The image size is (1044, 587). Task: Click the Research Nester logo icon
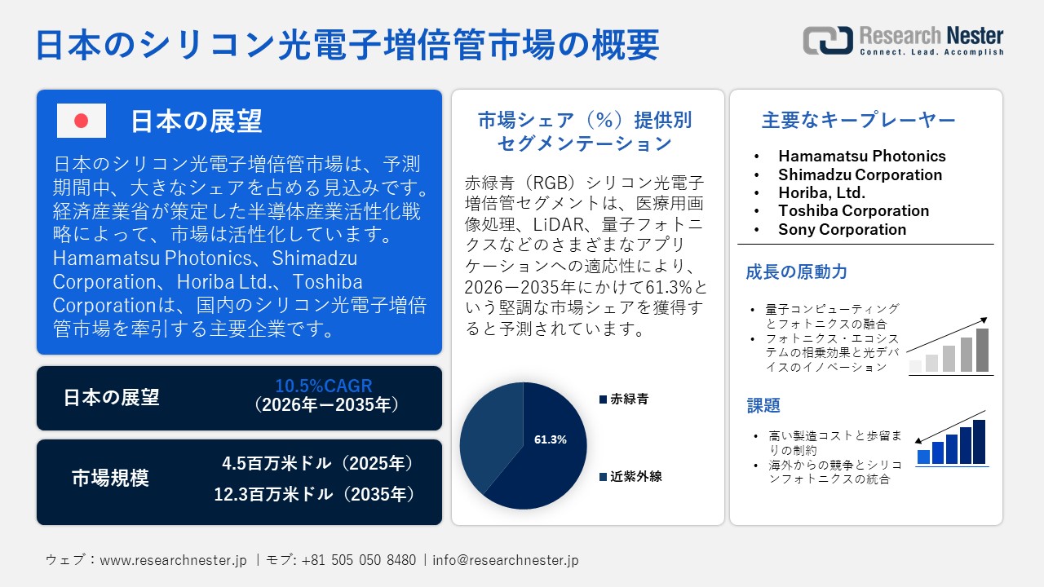(x=826, y=40)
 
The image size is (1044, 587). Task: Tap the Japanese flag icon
(x=82, y=121)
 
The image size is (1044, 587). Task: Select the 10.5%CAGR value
(x=324, y=386)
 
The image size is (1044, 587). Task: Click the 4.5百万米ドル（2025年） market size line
(x=319, y=463)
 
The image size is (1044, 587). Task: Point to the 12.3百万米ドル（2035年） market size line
(x=315, y=494)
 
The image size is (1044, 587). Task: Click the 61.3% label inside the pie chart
(x=550, y=439)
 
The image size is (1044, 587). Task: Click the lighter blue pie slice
(x=488, y=436)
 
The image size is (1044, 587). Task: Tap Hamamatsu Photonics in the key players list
(x=861, y=156)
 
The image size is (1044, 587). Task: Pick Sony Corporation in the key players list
(x=842, y=229)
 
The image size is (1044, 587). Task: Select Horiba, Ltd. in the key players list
(x=821, y=192)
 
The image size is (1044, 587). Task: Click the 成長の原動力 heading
(x=796, y=272)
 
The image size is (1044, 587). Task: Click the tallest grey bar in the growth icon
(x=982, y=350)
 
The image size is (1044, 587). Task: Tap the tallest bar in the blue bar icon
(x=979, y=442)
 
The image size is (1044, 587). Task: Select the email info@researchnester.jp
(x=506, y=560)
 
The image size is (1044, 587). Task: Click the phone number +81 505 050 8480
(x=358, y=560)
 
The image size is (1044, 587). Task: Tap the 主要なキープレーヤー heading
(x=858, y=121)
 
